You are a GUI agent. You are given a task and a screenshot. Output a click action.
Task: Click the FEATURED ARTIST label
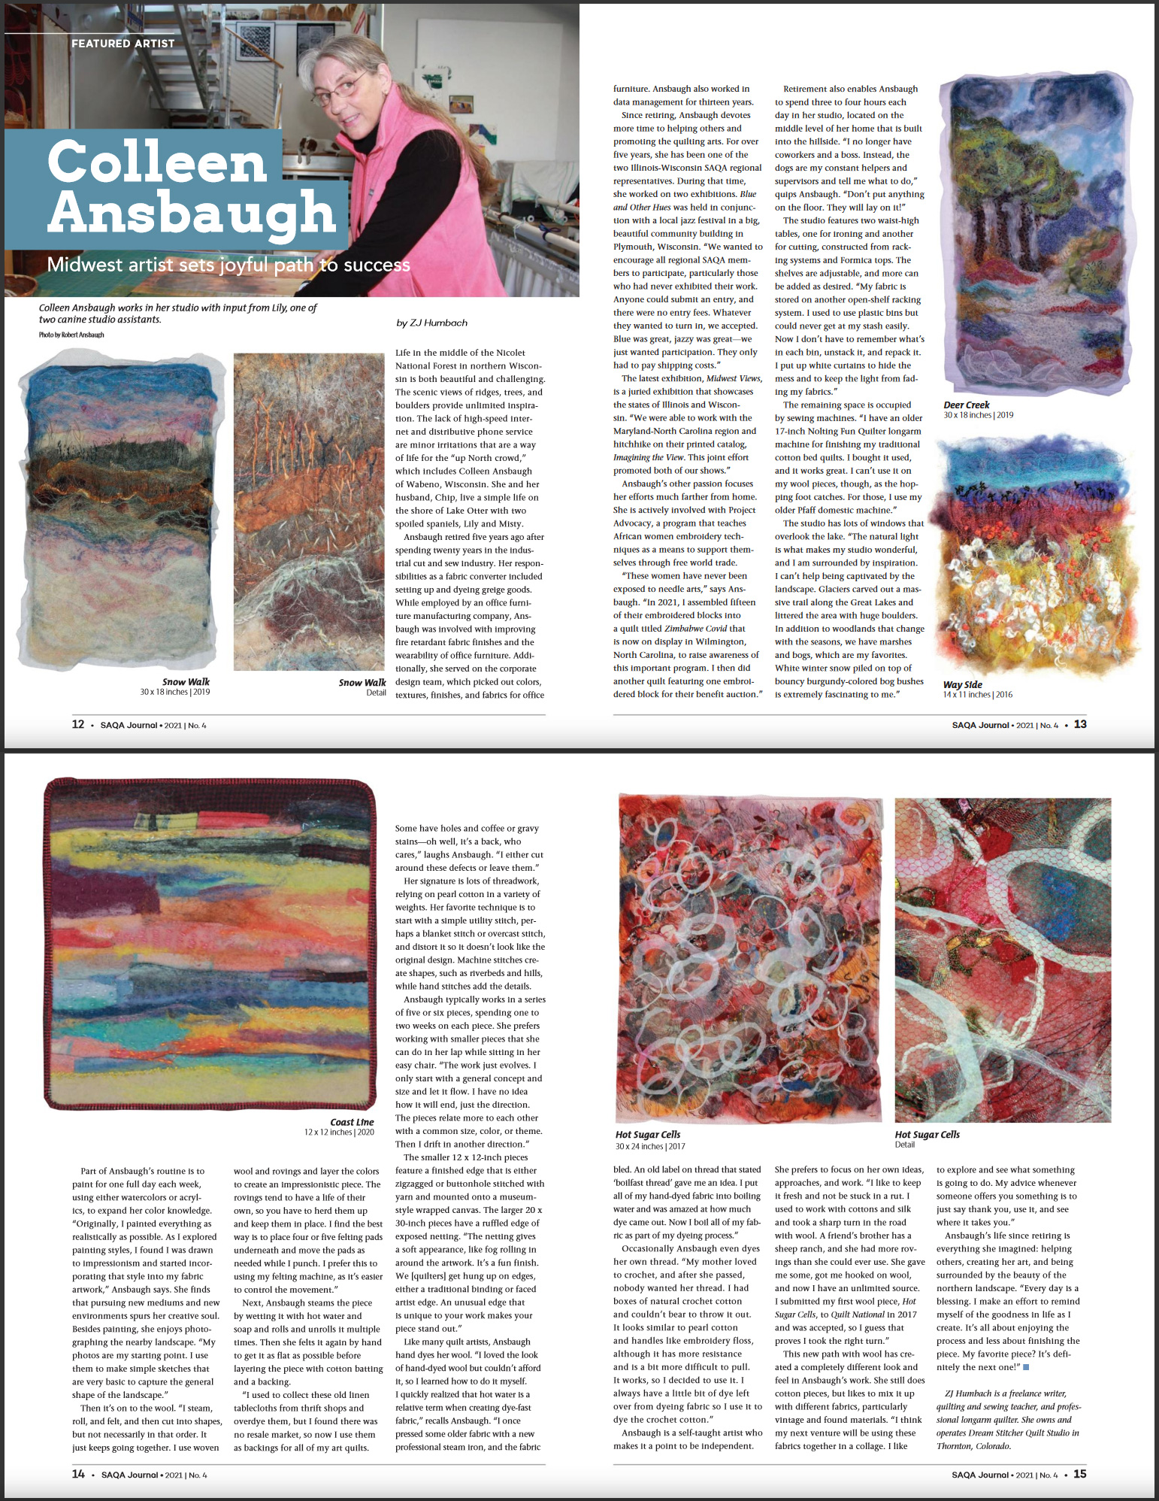point(123,44)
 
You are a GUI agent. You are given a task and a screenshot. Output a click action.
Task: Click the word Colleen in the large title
point(157,162)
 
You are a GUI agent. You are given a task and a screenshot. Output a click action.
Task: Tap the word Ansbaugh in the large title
point(192,212)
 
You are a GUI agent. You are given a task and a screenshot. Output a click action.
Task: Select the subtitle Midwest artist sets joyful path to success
point(228,265)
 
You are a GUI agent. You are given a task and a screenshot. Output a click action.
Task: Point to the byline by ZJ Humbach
point(431,323)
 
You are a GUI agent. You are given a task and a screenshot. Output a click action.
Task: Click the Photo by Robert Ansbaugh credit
point(71,335)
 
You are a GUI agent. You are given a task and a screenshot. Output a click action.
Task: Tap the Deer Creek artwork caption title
point(967,405)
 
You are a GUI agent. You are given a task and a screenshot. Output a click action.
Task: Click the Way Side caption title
point(962,684)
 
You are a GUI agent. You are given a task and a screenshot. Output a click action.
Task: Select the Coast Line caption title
point(352,1122)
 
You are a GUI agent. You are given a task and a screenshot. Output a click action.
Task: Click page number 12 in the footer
point(77,724)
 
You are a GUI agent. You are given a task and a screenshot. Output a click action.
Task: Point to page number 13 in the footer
point(1080,724)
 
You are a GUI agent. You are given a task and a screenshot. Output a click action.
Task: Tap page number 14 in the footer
point(78,1474)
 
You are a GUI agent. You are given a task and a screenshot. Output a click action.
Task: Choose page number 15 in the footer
point(1080,1474)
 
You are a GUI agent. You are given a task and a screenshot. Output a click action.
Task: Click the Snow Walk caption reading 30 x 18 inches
point(175,691)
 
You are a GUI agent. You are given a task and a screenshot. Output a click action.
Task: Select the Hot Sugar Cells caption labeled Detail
point(905,1145)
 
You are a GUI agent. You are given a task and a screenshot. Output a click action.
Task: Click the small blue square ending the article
point(1027,1366)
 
